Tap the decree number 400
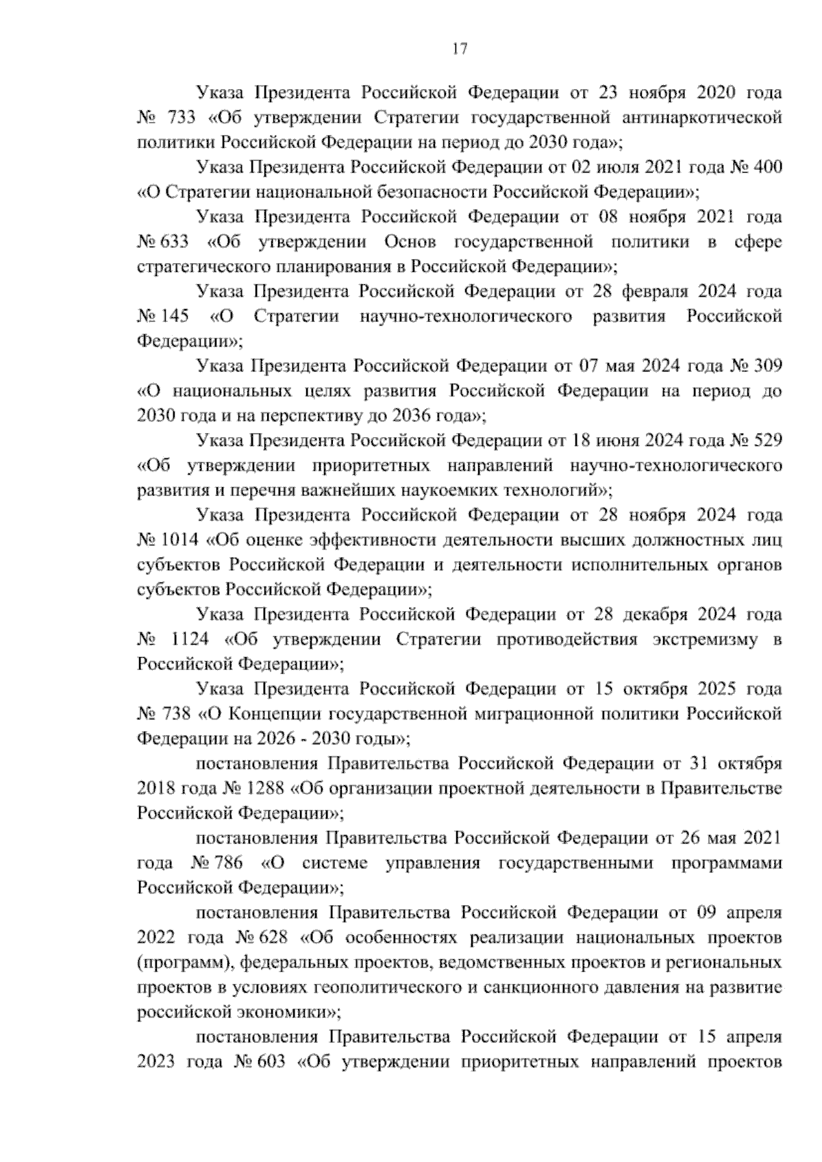(x=767, y=167)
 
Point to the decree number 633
(x=175, y=242)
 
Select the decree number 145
(x=175, y=317)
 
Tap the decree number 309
(x=767, y=367)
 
